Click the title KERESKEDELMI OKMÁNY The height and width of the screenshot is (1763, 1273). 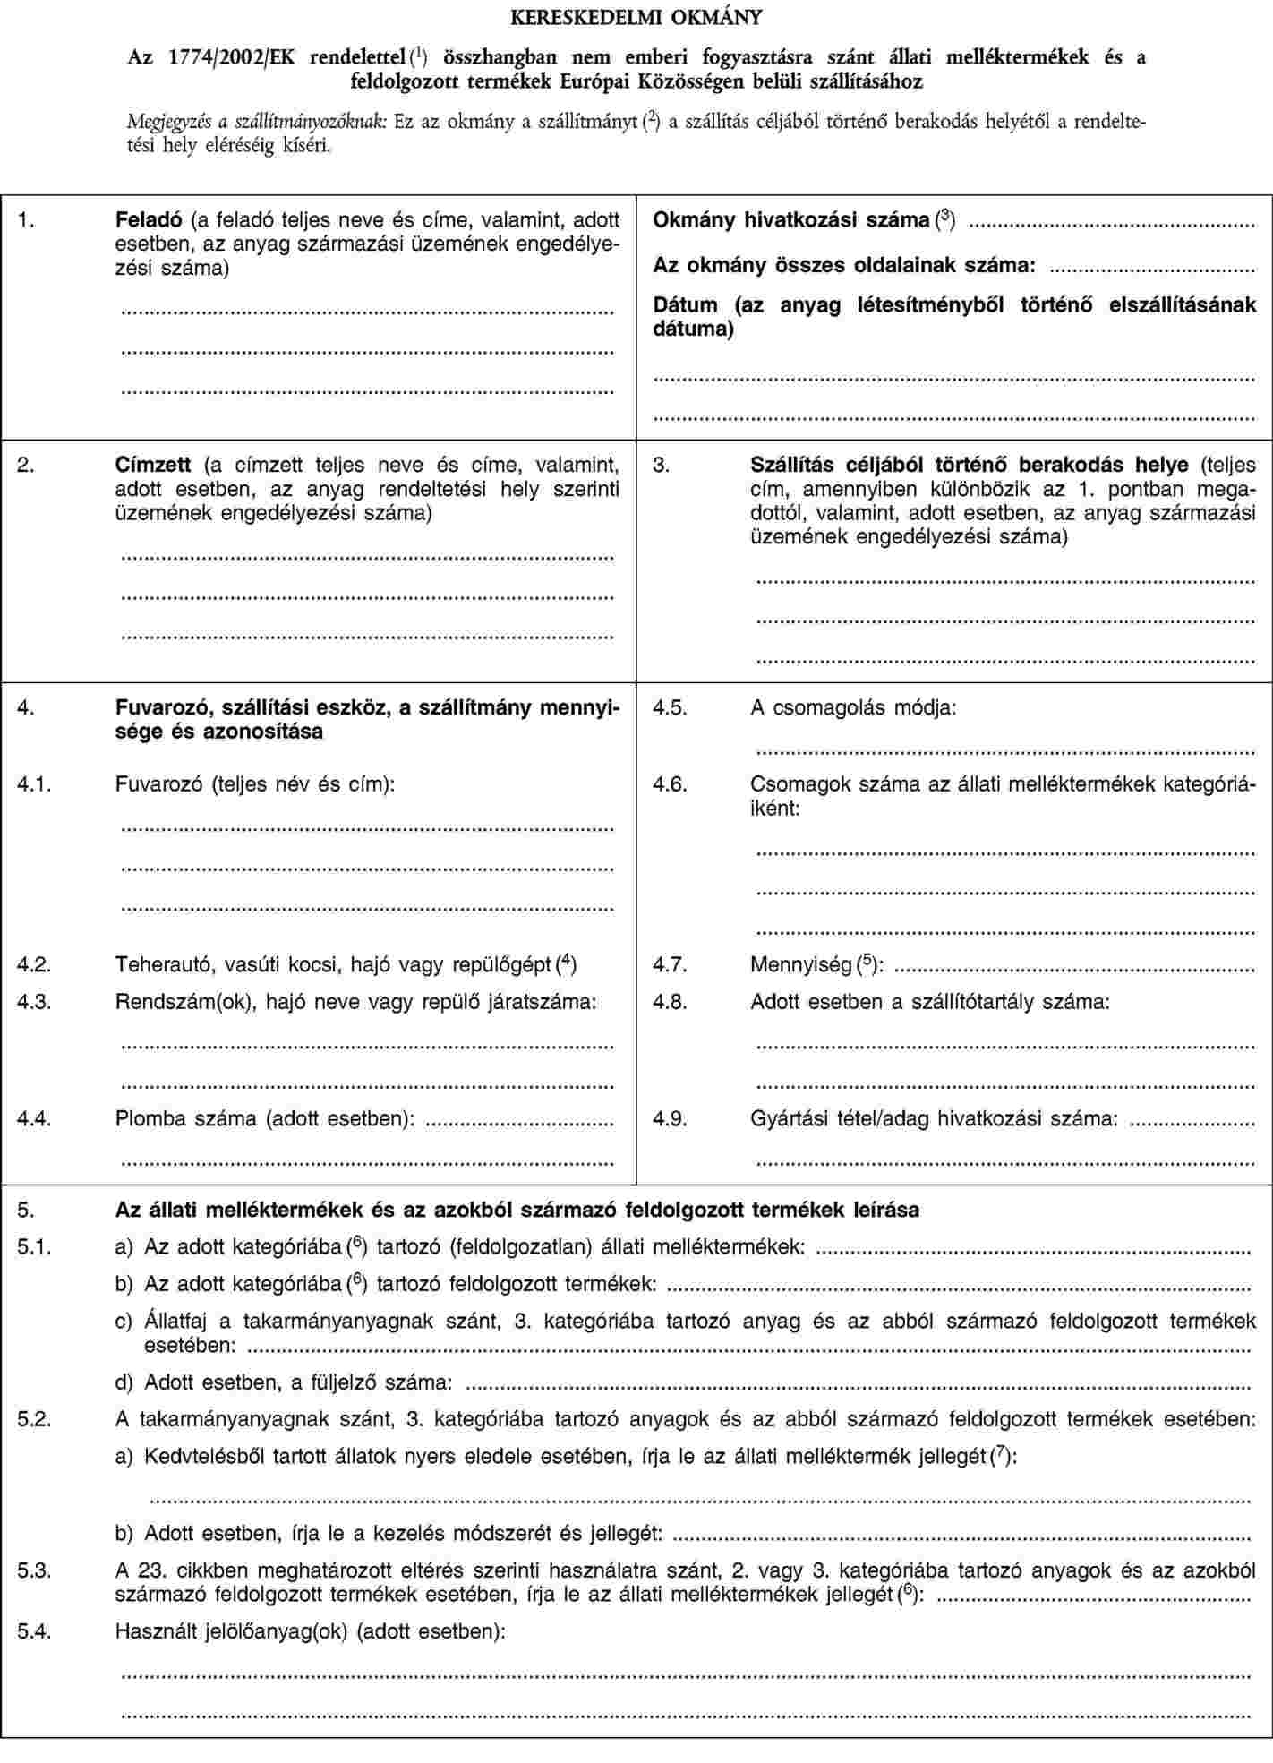pos(636,17)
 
